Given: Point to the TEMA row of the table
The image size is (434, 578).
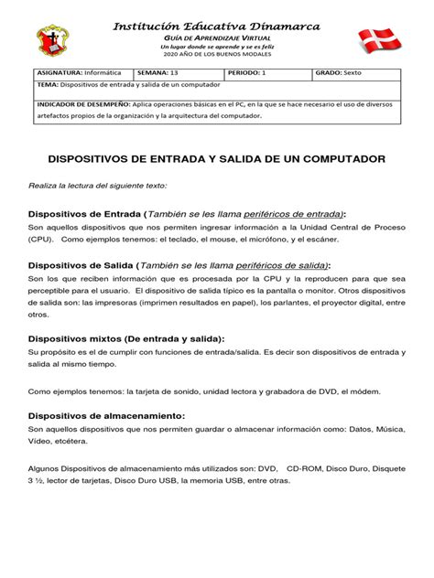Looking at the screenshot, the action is coord(128,85).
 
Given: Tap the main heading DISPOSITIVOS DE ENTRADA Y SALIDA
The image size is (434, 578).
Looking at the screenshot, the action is coord(216,160).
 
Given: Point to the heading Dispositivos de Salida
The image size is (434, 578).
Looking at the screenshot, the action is coord(81,265).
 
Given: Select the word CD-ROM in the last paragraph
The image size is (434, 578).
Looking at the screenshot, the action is coord(303,466).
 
